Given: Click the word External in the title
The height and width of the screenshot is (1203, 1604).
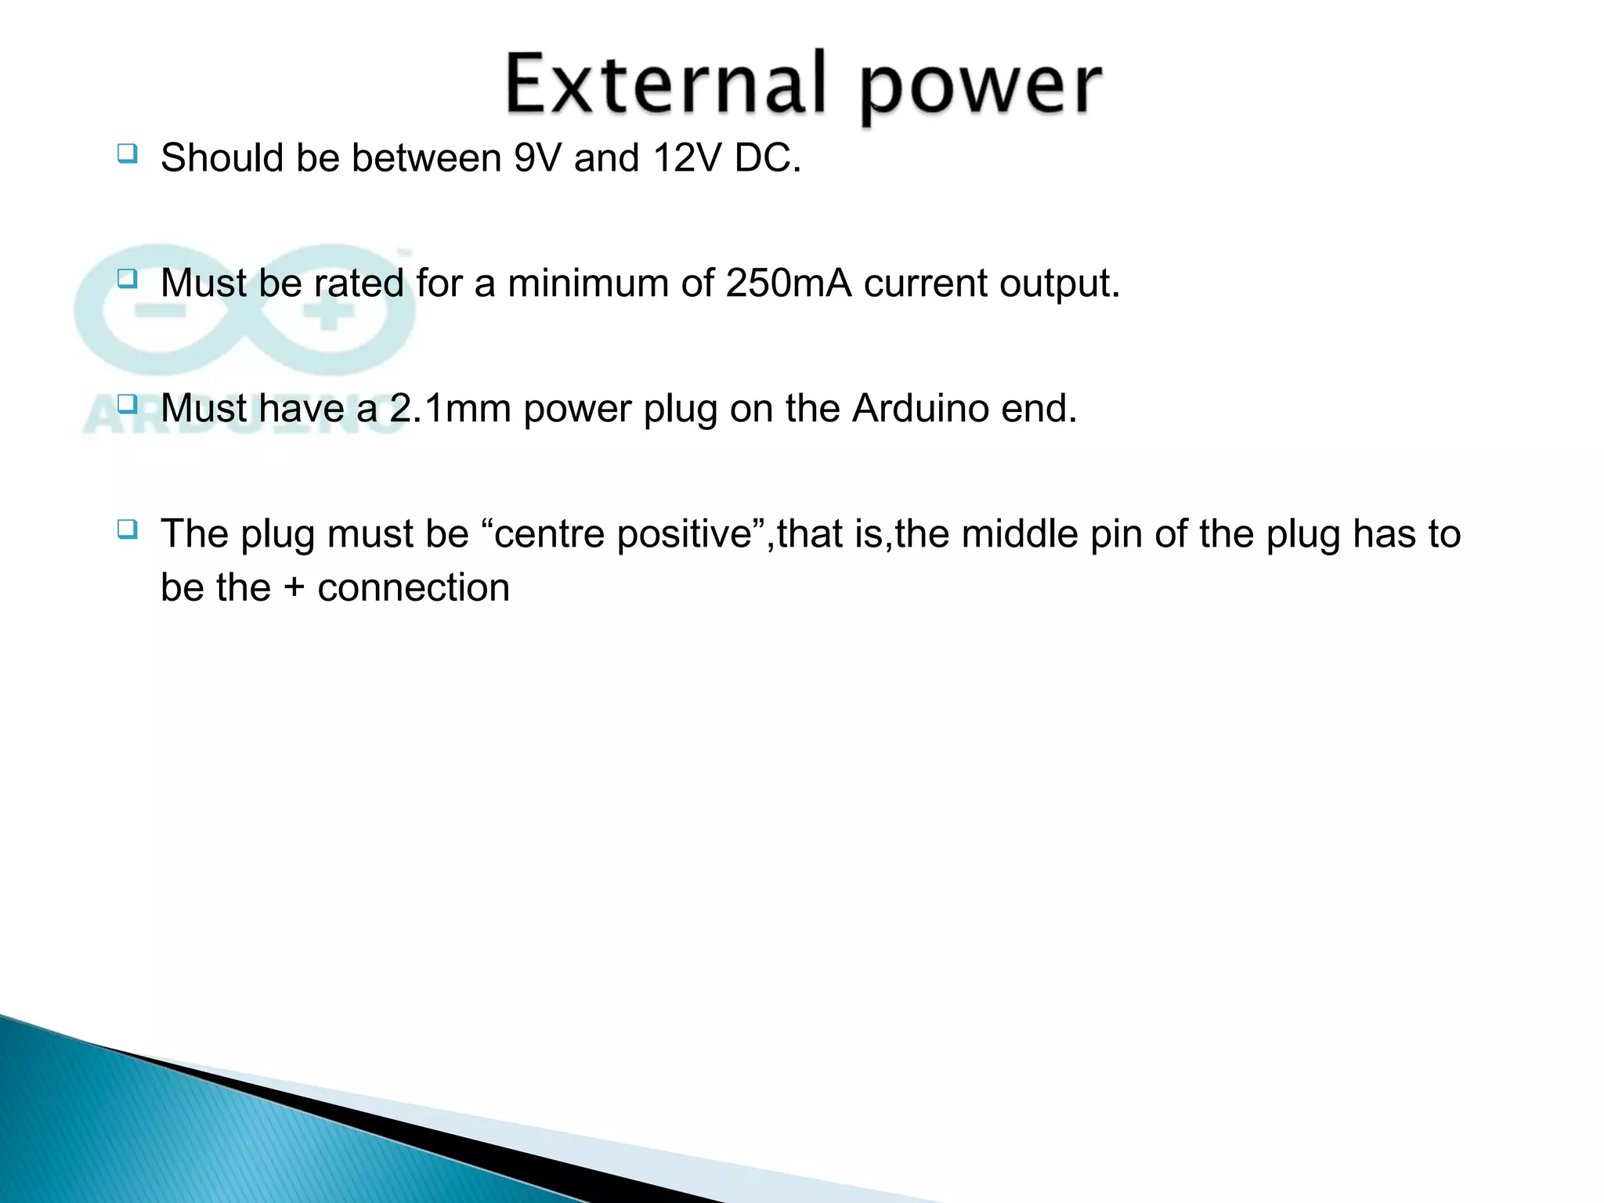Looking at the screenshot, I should [x=666, y=85].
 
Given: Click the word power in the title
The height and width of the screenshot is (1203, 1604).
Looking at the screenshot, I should [x=981, y=88].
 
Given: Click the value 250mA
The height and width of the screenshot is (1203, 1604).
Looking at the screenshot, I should [x=788, y=284].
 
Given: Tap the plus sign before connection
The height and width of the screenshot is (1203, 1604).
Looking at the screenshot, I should [x=294, y=588].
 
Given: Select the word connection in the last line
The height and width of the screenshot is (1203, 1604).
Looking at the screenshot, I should [x=414, y=588].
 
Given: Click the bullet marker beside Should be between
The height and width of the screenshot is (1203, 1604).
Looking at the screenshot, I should [x=127, y=153].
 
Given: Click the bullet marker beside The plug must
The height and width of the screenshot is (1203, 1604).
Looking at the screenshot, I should [x=127, y=529].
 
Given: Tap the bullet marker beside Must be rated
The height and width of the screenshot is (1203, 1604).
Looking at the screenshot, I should [x=127, y=278].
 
